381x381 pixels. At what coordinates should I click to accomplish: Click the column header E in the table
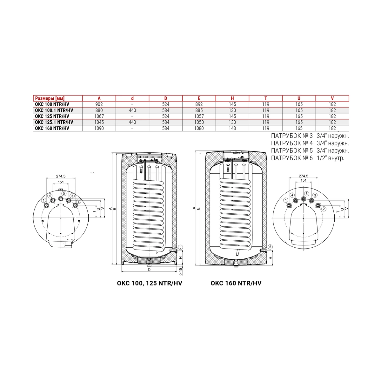pos(199,98)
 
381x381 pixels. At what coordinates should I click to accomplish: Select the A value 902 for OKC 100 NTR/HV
pos(99,104)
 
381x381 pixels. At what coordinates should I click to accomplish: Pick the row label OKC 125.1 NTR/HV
pos(54,122)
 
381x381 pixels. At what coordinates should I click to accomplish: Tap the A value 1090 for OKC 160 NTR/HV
pos(99,128)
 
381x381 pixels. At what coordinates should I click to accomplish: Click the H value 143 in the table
pos(232,128)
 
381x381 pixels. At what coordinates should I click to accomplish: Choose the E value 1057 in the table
pos(199,116)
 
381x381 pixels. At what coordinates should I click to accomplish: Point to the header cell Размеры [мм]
pos(50,98)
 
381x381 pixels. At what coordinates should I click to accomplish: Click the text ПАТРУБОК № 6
pos(292,158)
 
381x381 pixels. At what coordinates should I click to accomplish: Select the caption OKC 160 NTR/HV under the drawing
pos(236,283)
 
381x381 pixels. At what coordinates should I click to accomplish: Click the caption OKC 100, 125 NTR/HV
pos(150,283)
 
